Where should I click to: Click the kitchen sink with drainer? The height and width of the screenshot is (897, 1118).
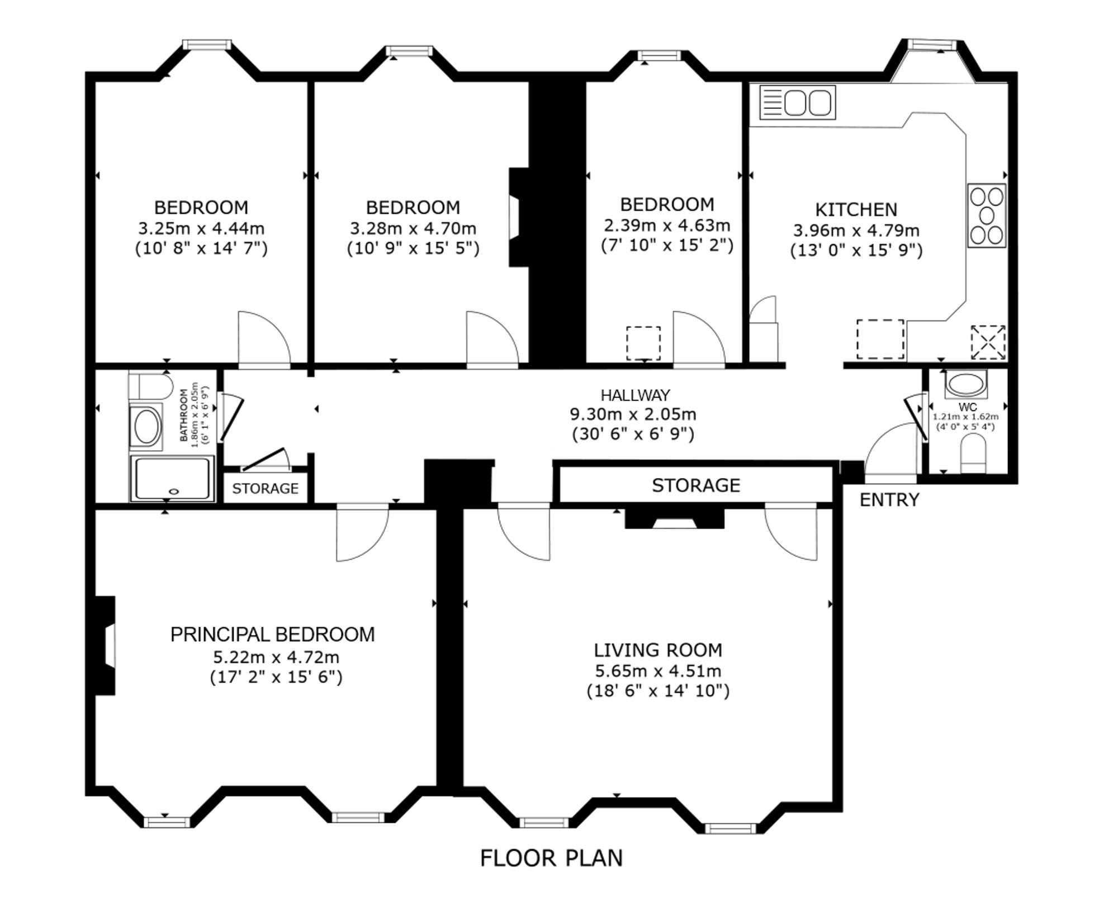(x=797, y=102)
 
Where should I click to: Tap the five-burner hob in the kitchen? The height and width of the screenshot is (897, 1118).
(x=987, y=216)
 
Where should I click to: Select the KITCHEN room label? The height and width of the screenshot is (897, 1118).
(x=856, y=209)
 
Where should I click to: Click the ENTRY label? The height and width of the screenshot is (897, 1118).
(x=889, y=500)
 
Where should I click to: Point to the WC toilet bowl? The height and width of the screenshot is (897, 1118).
(x=973, y=454)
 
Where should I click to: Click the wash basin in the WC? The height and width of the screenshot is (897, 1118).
(x=965, y=383)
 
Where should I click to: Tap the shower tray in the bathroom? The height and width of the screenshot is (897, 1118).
(x=172, y=478)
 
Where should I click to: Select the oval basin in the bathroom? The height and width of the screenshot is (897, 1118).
(x=145, y=427)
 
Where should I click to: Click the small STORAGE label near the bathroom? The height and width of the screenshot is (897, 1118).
(x=265, y=489)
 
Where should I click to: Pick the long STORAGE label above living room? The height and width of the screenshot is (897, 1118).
(x=696, y=485)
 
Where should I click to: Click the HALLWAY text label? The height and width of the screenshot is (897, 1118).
(x=635, y=395)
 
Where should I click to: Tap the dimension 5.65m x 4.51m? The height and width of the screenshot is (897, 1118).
(x=658, y=671)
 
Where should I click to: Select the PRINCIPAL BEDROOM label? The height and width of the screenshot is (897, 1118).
(x=272, y=634)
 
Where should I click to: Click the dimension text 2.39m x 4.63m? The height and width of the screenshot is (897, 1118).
(x=667, y=225)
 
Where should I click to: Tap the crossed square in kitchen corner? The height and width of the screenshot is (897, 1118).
(x=988, y=342)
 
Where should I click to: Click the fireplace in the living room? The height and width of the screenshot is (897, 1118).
(x=674, y=518)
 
